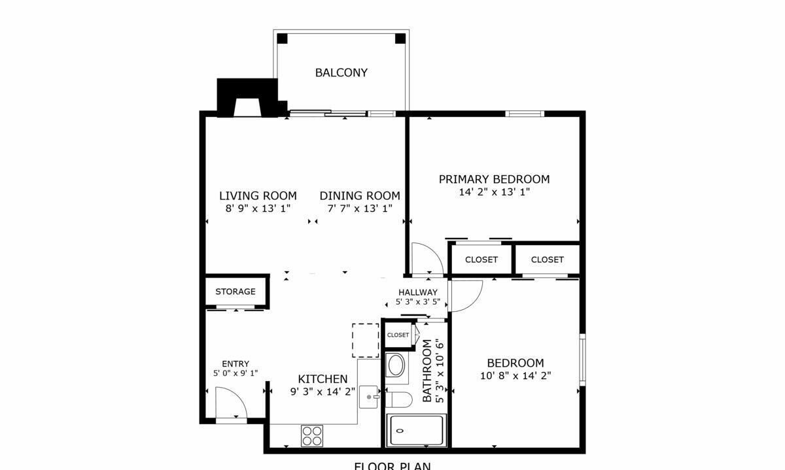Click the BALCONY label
341,73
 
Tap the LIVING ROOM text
258,195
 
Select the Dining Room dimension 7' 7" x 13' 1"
360,209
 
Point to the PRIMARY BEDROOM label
494,179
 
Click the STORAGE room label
235,292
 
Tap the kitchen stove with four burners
312,435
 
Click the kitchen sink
370,397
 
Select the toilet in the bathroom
398,399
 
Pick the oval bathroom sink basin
395,366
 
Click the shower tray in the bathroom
416,430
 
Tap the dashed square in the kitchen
366,340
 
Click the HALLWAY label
418,292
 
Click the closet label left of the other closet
481,260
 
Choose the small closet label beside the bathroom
398,335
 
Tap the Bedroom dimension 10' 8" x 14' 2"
515,376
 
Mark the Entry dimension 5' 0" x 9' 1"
235,374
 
